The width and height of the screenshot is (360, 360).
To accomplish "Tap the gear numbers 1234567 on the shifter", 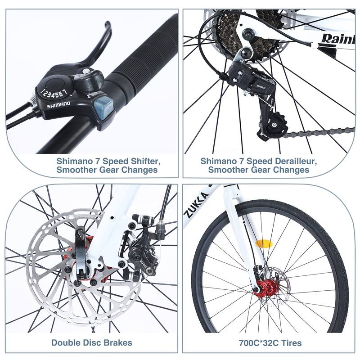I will (54, 93).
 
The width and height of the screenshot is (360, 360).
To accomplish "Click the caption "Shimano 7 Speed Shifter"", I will (108, 160).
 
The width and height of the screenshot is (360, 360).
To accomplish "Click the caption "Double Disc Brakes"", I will (91, 342).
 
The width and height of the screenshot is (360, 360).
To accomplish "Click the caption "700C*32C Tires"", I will (270, 342).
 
